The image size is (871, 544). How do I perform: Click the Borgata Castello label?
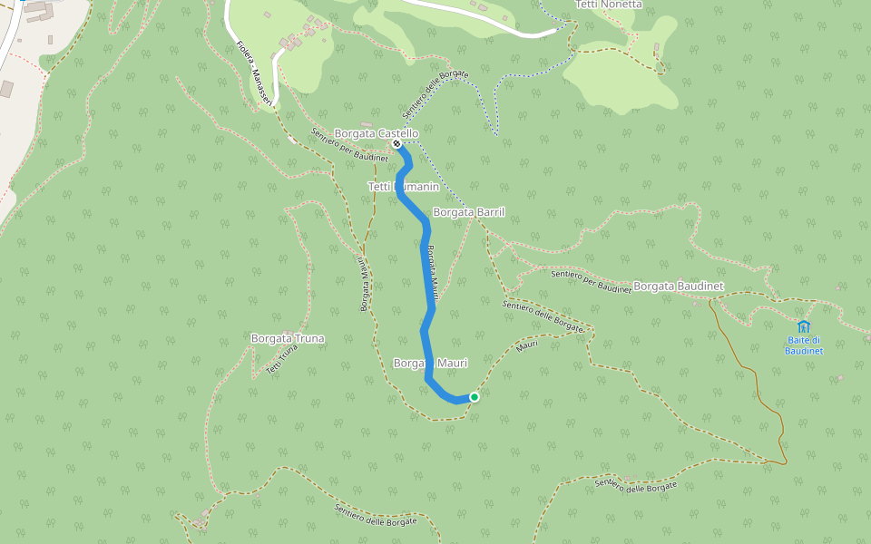point(376,133)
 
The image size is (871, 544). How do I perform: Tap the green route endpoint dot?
point(474,396)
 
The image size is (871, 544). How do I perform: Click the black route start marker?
point(396,143)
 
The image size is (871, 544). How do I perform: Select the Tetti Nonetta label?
point(608,5)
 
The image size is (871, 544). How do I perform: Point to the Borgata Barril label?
point(468,212)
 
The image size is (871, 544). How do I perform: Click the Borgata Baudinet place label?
point(678,287)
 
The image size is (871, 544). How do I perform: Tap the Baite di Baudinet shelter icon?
point(803,326)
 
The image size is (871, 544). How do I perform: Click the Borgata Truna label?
point(287,339)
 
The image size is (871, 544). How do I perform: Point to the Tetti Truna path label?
point(282,361)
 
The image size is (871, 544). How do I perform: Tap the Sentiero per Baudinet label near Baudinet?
point(590,281)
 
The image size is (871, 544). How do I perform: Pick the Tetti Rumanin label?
point(403,187)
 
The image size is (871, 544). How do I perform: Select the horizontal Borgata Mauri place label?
point(430,364)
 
